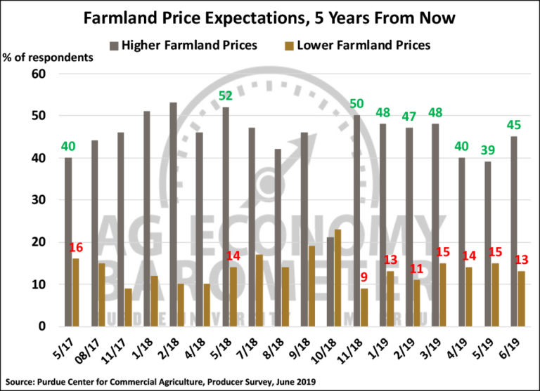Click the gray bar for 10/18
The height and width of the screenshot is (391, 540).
tap(329, 281)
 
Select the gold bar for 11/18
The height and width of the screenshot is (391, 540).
tap(364, 307)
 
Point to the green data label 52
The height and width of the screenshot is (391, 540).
tap(225, 95)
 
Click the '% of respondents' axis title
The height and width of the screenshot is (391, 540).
tap(49, 57)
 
